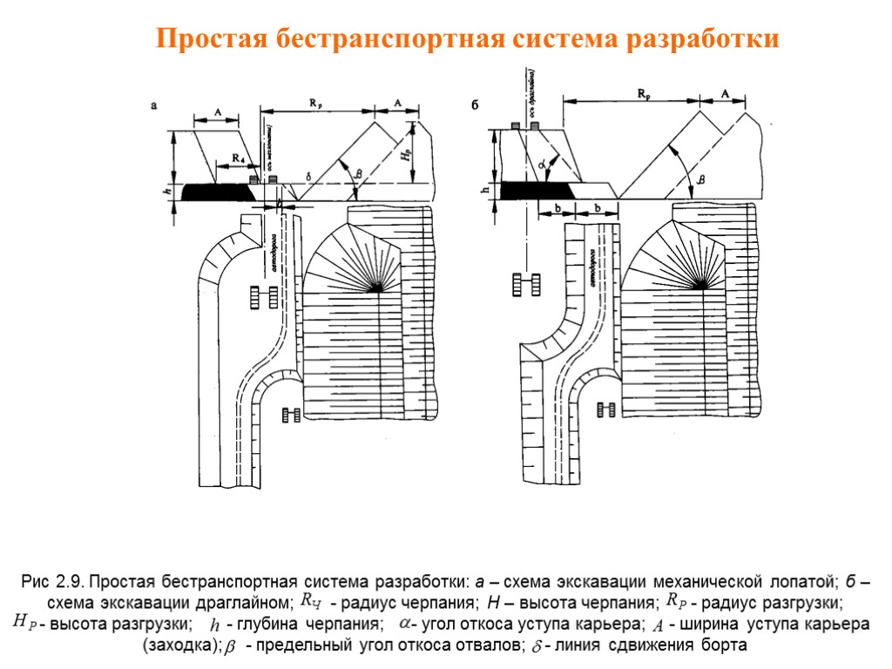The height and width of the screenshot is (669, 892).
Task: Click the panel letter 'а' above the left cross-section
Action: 154,107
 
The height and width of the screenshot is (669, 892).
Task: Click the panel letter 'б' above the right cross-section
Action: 476,107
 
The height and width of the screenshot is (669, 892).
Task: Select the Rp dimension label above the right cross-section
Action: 643,94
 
